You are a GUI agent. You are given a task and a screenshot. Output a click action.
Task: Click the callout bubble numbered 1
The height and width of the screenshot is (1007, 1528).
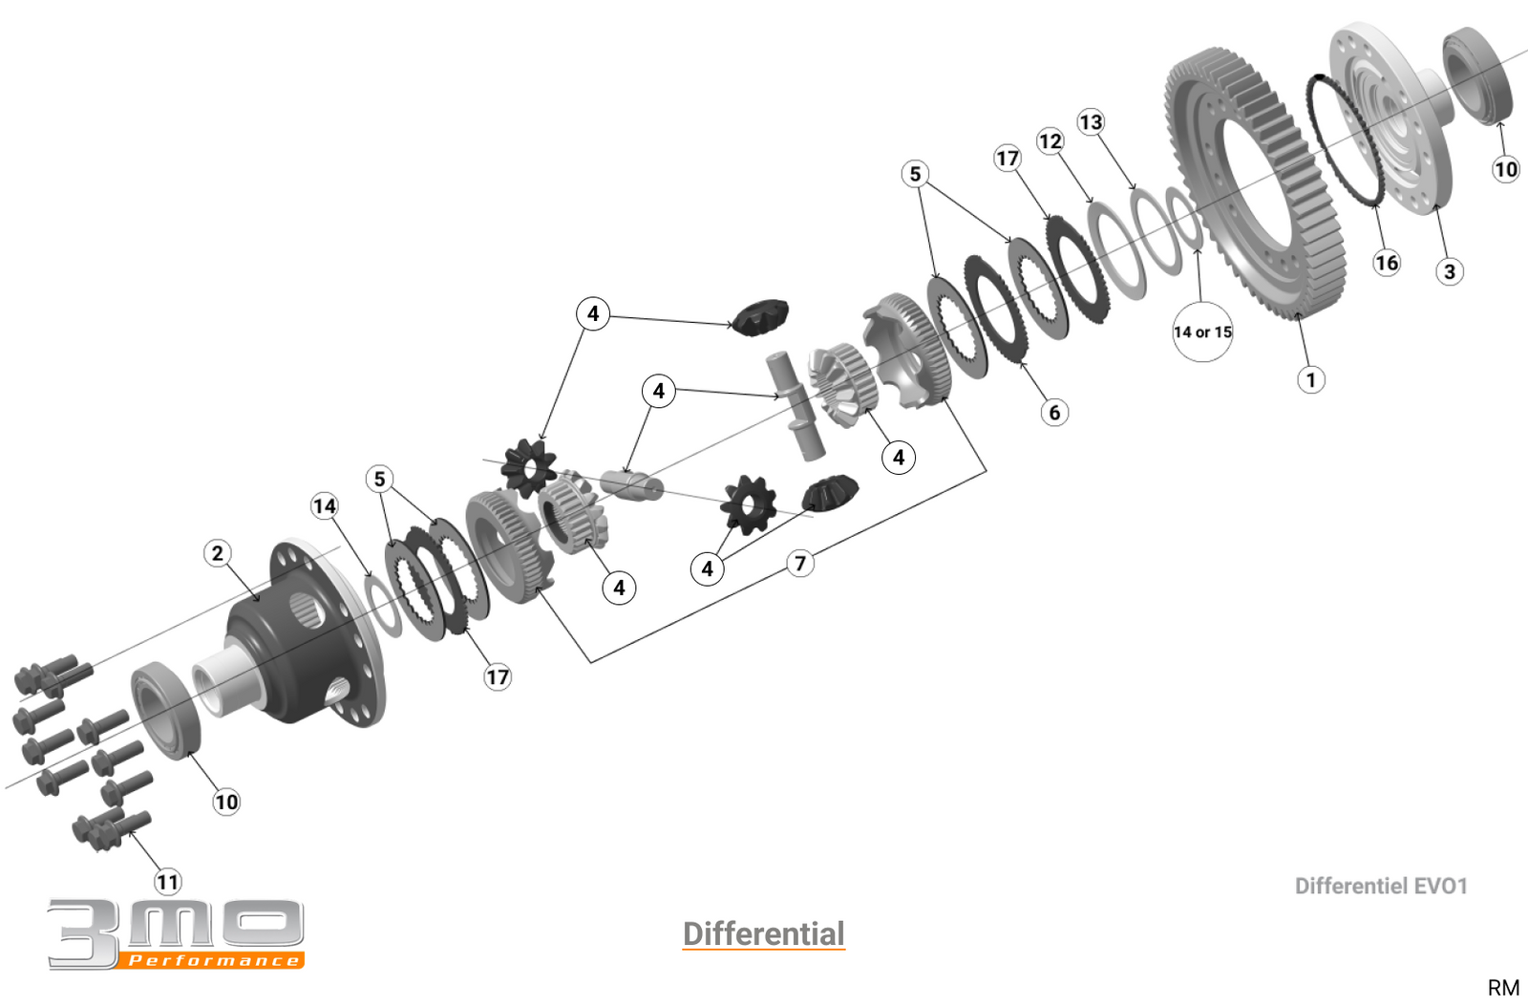[x=1311, y=380]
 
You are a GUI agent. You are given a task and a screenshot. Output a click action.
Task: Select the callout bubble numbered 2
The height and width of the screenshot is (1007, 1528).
[x=218, y=553]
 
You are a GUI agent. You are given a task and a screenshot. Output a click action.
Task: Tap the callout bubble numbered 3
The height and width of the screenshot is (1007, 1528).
[x=1450, y=272]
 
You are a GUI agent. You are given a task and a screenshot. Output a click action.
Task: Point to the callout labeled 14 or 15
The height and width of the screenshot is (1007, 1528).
[x=1202, y=332]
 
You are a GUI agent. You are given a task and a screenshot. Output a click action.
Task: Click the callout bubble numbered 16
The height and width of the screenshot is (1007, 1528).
[x=1387, y=263]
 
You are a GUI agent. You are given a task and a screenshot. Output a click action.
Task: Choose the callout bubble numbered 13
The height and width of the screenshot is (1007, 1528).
[x=1091, y=122]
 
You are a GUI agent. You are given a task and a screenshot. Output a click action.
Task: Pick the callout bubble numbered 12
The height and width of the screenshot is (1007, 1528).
[x=1050, y=141]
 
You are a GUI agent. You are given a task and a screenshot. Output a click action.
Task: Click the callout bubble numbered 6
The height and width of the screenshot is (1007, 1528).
[x=1054, y=413]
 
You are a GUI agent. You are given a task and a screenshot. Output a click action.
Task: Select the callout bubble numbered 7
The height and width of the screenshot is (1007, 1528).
[x=800, y=564]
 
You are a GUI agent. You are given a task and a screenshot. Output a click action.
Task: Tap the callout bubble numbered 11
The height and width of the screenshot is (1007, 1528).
[x=168, y=882]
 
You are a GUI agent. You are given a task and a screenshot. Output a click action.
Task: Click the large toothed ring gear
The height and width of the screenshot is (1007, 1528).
[x=1261, y=182]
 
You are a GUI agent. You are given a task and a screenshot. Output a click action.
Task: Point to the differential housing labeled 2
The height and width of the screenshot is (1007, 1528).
[x=306, y=640]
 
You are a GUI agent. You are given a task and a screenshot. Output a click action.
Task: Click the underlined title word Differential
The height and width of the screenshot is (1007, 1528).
[x=764, y=933]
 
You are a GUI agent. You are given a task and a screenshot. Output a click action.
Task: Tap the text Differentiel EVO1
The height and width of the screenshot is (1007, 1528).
[x=1380, y=887]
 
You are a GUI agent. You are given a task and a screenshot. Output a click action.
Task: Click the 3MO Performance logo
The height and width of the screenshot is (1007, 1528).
[x=177, y=933]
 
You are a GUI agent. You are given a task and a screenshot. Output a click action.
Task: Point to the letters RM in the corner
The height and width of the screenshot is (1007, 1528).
[x=1503, y=988]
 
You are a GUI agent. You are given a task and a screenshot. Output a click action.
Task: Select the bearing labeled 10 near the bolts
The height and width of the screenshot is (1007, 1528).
[x=166, y=709]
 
